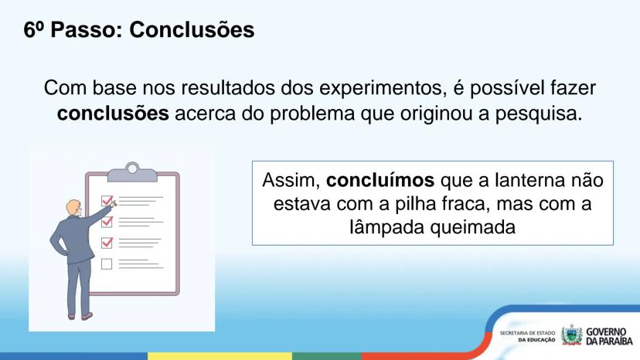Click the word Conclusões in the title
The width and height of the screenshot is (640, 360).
click(x=192, y=30)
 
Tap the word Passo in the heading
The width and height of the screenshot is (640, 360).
click(x=87, y=30)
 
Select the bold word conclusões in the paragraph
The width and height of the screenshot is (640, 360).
click(x=113, y=114)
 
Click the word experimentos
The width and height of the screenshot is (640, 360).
click(x=383, y=89)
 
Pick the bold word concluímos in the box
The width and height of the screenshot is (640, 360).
click(x=380, y=180)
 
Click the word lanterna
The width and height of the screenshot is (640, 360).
click(x=529, y=180)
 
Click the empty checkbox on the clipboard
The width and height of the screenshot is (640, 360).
click(x=107, y=264)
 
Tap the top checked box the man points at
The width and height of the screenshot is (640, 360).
click(x=107, y=200)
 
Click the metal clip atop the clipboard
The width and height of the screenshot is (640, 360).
click(x=132, y=172)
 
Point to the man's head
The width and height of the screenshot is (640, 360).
click(x=74, y=208)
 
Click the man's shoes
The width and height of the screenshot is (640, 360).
click(x=80, y=316)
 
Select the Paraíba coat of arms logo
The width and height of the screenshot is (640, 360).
click(x=571, y=335)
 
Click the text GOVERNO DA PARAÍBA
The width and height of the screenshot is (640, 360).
click(x=609, y=336)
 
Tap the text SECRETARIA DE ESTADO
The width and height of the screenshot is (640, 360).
click(x=527, y=333)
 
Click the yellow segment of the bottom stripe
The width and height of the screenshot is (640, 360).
click(x=220, y=356)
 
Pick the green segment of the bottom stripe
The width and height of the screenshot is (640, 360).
click(x=327, y=356)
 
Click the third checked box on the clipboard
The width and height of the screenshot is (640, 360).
click(x=107, y=243)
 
